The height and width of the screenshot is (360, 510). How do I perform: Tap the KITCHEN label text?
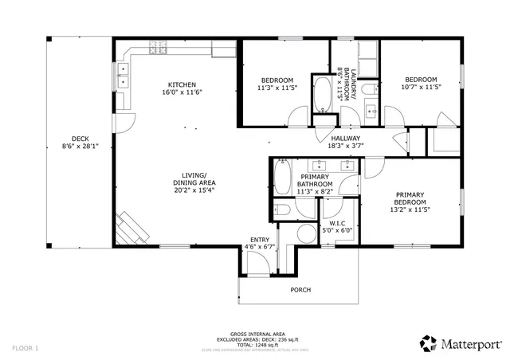click(x=182, y=85)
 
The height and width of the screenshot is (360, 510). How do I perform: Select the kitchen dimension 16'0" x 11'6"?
click(x=182, y=93)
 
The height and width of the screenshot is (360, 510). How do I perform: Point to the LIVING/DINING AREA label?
click(x=194, y=179)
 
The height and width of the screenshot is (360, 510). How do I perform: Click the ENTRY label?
click(x=259, y=240)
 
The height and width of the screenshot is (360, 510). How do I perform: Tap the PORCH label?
click(x=300, y=290)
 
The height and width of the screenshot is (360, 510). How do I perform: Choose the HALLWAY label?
click(x=346, y=139)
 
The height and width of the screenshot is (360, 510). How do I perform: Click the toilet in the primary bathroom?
click(x=283, y=209)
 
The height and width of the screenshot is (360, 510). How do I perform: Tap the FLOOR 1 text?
click(x=25, y=348)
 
